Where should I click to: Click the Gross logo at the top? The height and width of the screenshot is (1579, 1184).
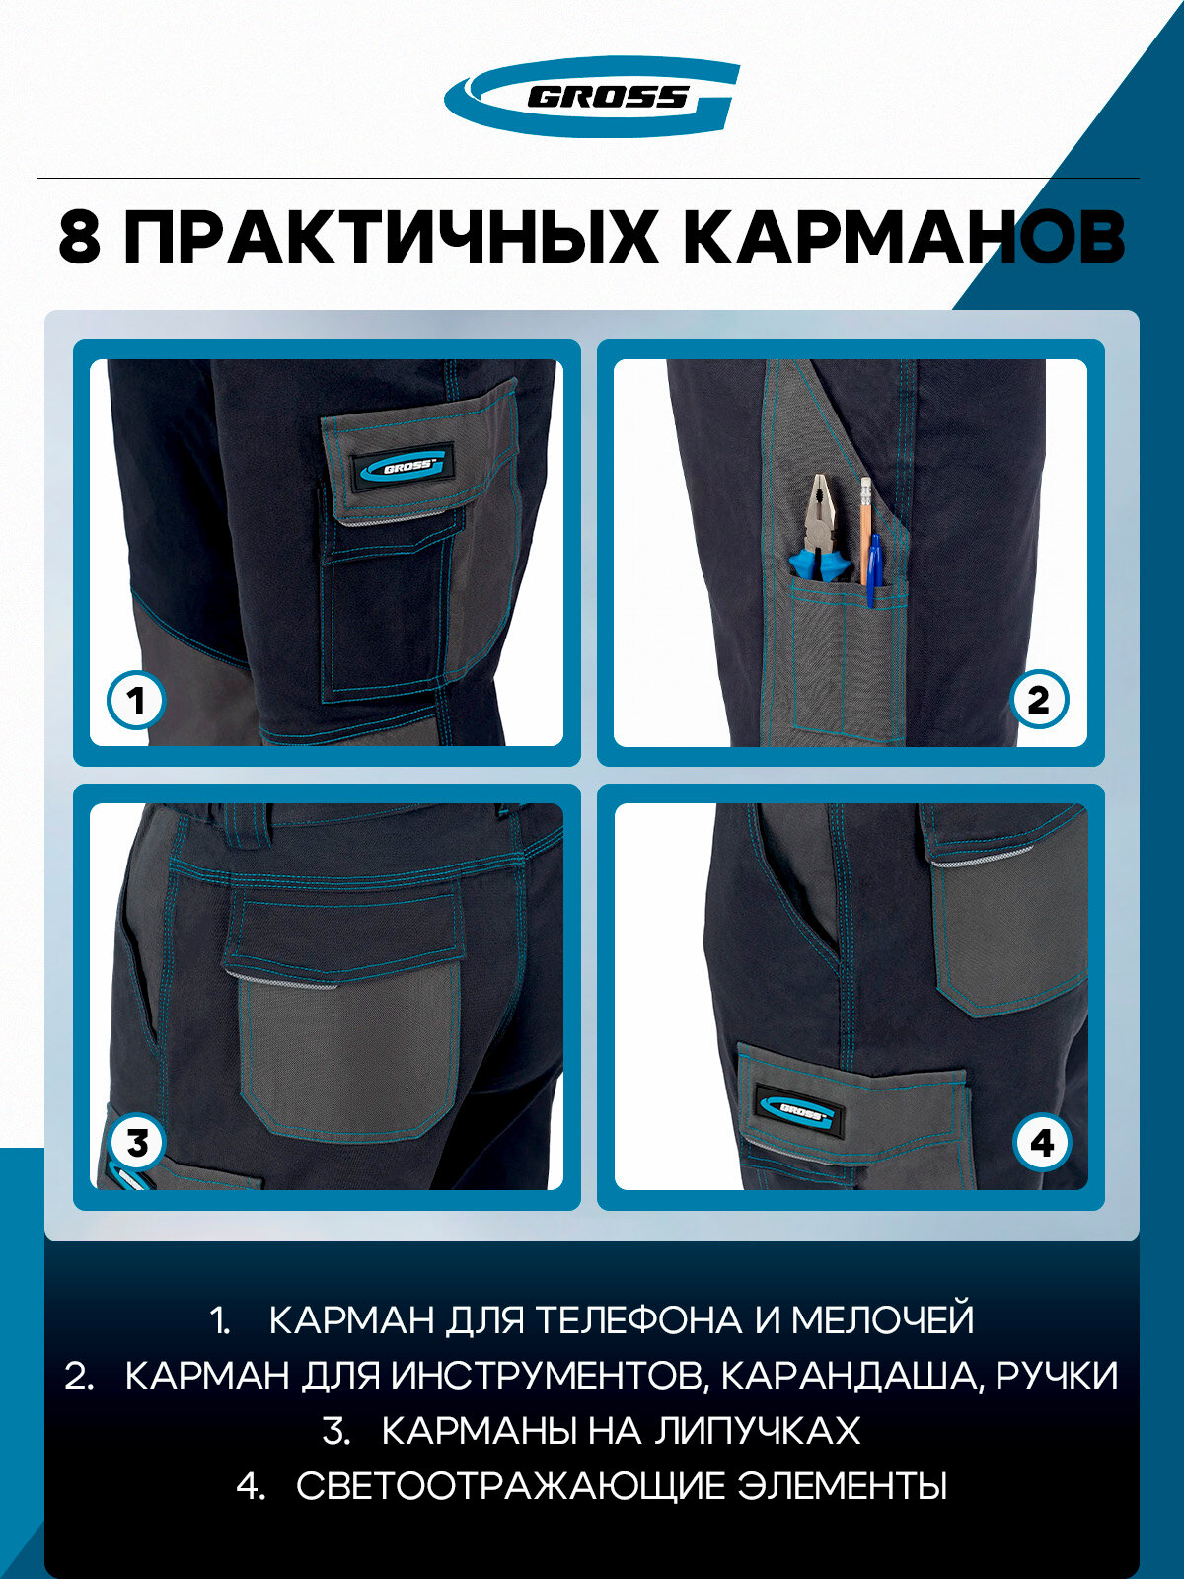coord(592,97)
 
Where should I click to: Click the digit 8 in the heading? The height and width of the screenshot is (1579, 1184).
coord(79,237)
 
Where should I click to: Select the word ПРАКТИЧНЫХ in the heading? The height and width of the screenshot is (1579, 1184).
coord(391,237)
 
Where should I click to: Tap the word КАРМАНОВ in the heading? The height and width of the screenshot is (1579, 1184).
coord(905,237)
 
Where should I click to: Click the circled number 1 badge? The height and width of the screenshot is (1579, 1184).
coord(136,700)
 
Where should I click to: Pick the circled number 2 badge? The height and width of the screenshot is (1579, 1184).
coord(1039,700)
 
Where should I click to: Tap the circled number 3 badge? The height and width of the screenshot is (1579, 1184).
coord(136,1143)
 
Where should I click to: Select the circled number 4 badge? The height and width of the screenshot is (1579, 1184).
coord(1042,1143)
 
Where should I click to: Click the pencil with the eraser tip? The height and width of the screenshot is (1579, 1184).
coord(865,530)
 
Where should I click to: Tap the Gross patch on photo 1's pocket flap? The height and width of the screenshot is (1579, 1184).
coord(403,466)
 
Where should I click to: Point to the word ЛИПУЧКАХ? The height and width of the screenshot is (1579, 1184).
coord(757,1432)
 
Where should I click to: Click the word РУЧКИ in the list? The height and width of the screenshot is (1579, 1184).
coord(1058,1376)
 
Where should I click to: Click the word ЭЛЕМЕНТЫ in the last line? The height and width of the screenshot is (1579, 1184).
coord(843,1486)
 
